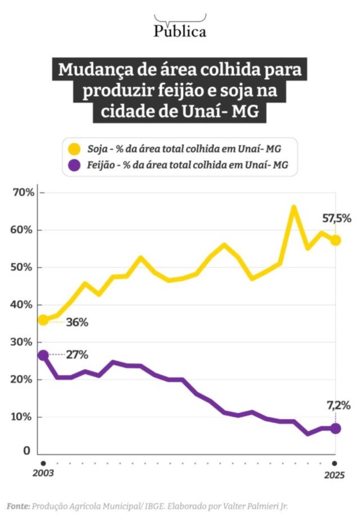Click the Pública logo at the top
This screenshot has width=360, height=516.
[180, 30]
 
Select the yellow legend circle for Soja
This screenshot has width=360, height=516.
[75, 149]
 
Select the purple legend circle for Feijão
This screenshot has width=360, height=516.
[75, 165]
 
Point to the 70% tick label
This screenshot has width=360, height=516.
[23, 192]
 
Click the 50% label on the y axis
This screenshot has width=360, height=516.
[23, 268]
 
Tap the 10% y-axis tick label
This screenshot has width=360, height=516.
[23, 417]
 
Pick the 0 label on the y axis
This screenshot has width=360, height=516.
[26, 451]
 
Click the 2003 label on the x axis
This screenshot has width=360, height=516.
[43, 474]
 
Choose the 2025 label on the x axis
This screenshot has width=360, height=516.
[334, 474]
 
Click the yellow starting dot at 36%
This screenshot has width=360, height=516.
[43, 319]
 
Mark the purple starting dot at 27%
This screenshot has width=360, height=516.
[43, 355]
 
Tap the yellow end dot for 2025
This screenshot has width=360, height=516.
[335, 240]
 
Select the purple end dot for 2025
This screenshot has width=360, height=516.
[335, 428]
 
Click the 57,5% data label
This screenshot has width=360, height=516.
[336, 219]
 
